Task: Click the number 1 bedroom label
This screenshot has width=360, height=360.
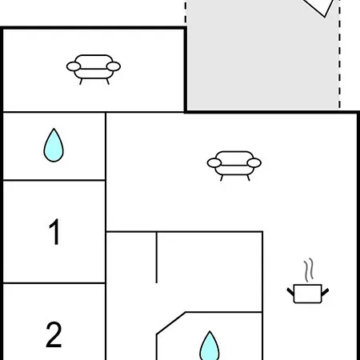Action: tap(54, 231)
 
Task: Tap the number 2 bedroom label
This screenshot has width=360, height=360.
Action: tap(54, 334)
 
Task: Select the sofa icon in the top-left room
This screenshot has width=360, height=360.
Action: tap(94, 70)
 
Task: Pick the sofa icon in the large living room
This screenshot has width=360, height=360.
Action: tap(234, 166)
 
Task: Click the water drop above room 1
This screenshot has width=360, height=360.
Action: tap(54, 146)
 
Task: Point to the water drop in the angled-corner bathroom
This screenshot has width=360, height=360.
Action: tap(210, 346)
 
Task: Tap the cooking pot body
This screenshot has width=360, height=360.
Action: tap(308, 294)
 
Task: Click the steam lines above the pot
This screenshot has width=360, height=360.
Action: tap(309, 270)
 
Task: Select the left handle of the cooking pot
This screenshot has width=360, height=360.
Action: tap(290, 292)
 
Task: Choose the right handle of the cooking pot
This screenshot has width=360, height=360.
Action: tap(325, 292)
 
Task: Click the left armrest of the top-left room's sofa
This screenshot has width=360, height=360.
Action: tap(74, 66)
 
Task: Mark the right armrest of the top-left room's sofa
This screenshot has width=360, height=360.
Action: tap(114, 66)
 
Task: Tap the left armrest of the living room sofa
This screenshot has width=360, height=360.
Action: tap(214, 162)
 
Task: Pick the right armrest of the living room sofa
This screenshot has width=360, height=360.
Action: tap(254, 162)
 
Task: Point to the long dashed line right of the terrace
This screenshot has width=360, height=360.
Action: tap(339, 54)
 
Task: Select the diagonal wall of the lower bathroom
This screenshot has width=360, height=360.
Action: tap(171, 322)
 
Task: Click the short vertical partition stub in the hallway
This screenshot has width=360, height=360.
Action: tap(157, 258)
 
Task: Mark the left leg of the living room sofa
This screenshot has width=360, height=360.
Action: tap(222, 178)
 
